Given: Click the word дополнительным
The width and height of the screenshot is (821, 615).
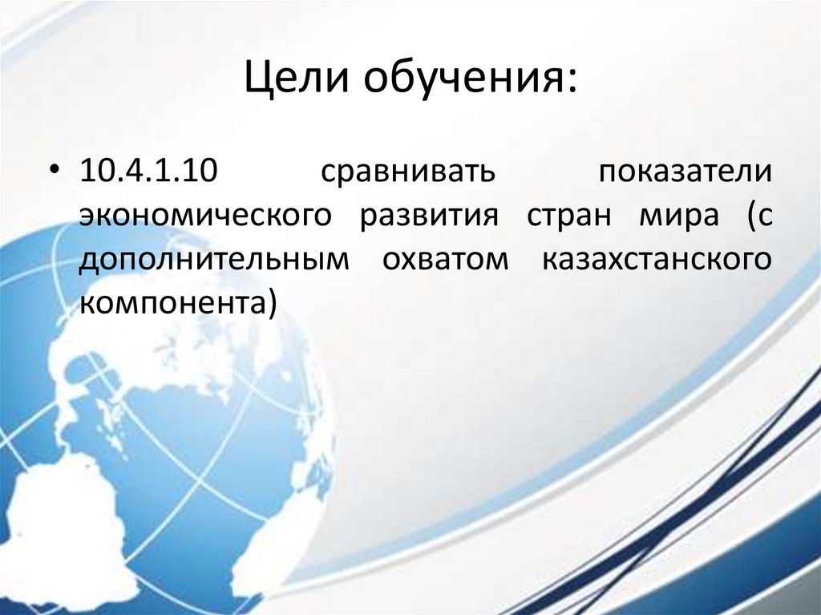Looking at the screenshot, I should pos(214,262).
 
